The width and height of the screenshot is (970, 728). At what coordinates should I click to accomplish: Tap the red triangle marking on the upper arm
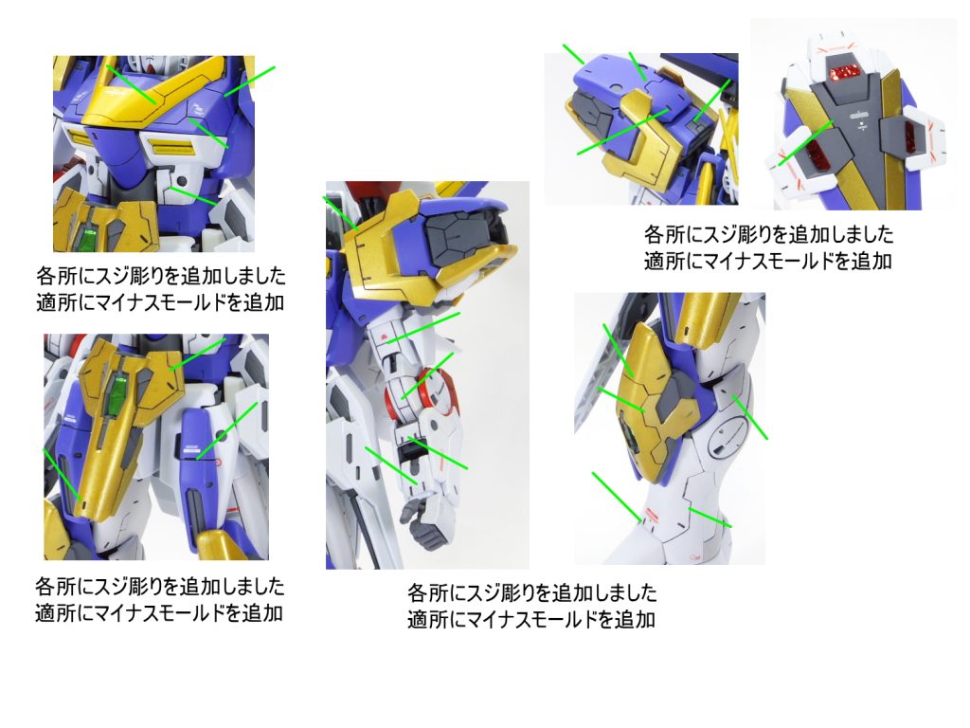(x=386, y=338)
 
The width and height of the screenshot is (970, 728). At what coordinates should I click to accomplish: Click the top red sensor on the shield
(x=842, y=71)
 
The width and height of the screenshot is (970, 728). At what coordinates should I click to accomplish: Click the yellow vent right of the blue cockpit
(x=169, y=148)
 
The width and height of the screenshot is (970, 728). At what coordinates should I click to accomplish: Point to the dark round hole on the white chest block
(x=182, y=181)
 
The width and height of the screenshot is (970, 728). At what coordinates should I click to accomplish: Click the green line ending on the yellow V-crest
(x=131, y=83)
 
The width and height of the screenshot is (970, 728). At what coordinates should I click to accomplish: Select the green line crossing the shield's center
(x=805, y=143)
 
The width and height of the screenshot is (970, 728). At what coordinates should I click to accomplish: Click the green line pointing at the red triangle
(x=423, y=328)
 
